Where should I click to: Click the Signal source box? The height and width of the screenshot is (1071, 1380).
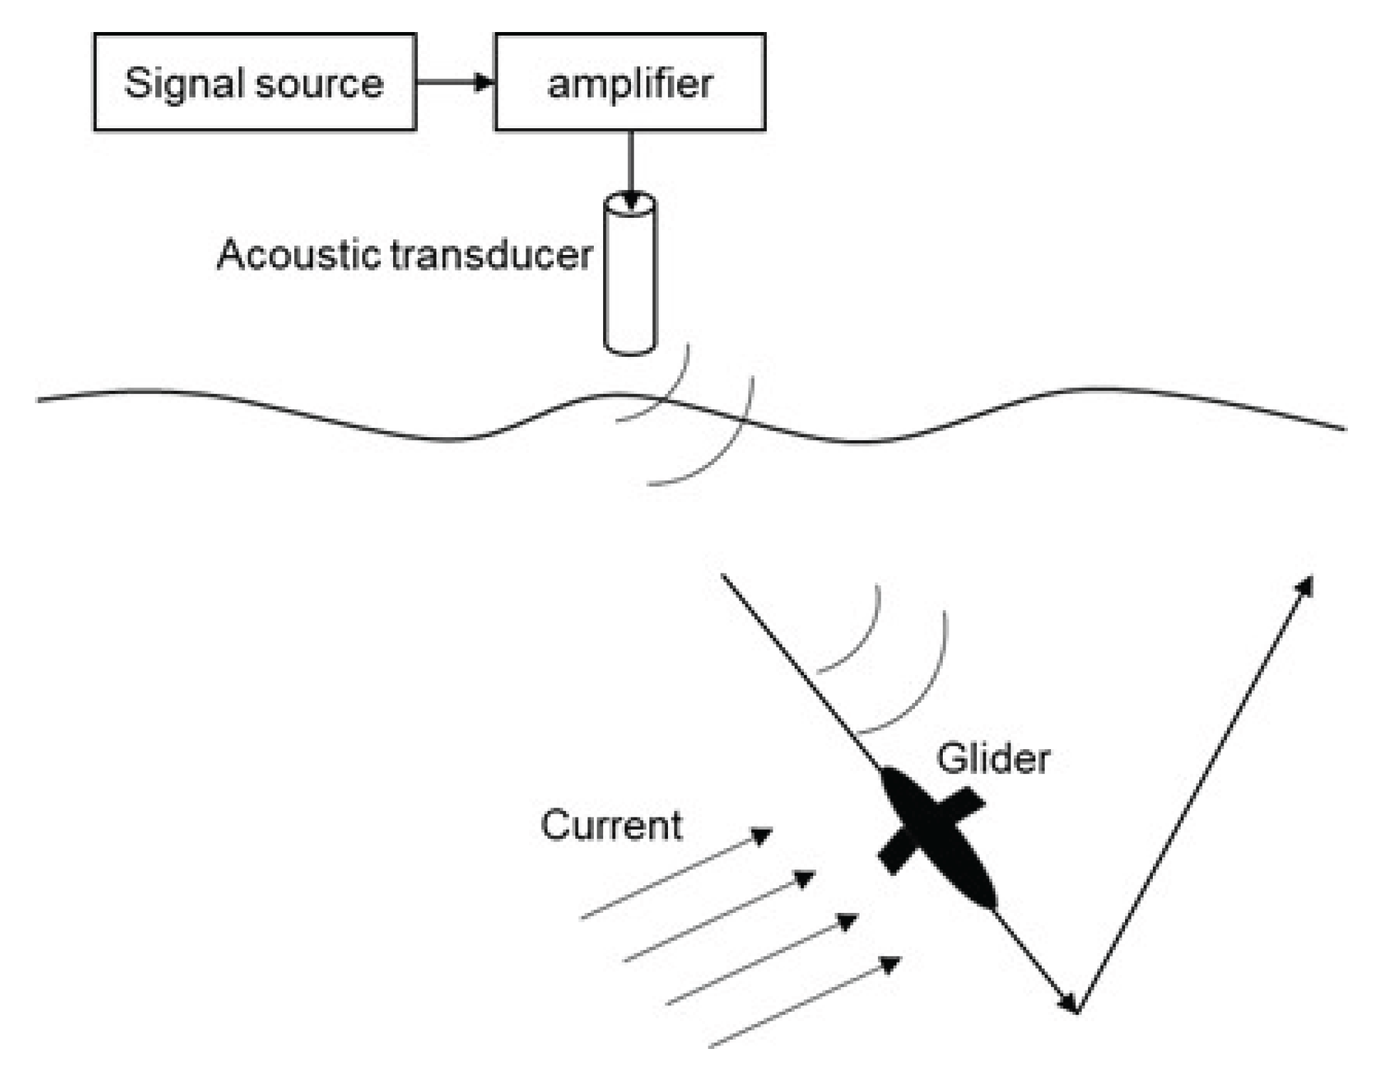click(x=254, y=82)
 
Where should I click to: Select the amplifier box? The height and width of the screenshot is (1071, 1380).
click(x=629, y=82)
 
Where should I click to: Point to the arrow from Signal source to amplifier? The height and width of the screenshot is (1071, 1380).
click(x=455, y=82)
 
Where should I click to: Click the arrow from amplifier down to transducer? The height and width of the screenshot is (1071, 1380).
click(x=630, y=167)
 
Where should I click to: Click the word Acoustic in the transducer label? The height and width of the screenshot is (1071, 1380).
click(x=300, y=254)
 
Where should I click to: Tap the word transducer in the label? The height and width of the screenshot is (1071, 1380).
click(x=491, y=254)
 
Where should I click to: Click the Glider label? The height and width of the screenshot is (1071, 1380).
click(x=993, y=758)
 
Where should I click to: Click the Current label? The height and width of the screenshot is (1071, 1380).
click(x=611, y=825)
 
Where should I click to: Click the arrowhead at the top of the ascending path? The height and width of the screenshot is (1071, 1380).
click(x=1305, y=586)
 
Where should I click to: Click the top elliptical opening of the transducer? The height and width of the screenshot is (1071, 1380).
click(x=630, y=202)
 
